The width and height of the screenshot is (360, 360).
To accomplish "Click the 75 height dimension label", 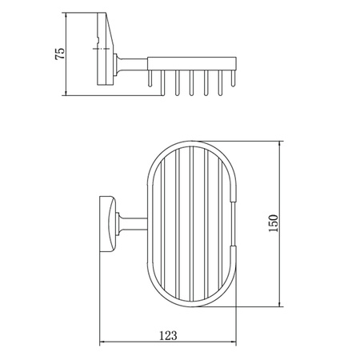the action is pyautogui.click(x=60, y=54).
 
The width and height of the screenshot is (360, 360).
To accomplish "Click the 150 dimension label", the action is pyautogui.click(x=273, y=223).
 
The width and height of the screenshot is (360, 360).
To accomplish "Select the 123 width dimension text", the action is pyautogui.click(x=168, y=335).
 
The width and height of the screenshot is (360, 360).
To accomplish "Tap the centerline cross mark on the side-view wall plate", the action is pyautogui.click(x=102, y=49).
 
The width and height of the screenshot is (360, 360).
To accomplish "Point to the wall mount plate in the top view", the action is pyautogui.click(x=108, y=224).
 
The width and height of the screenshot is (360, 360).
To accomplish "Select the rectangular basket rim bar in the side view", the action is pyautogui.click(x=192, y=64).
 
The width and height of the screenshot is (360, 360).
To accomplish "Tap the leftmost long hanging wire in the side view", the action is pyautogui.click(x=162, y=82).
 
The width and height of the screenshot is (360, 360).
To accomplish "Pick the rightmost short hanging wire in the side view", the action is pyautogui.click(x=234, y=78).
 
